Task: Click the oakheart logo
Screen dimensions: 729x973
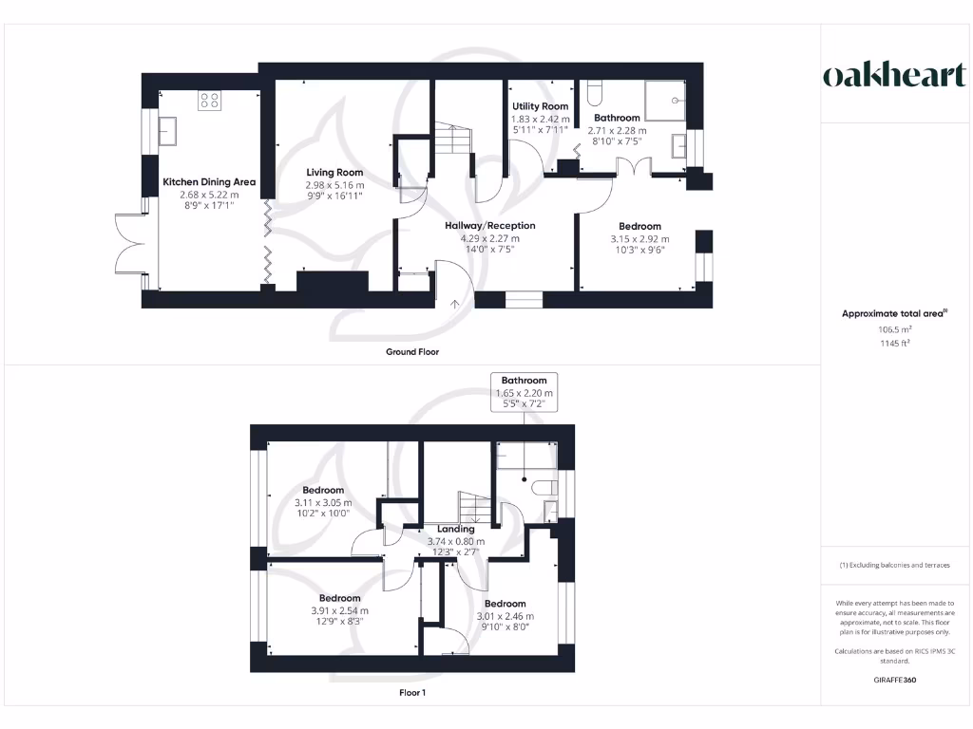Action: tap(894, 76)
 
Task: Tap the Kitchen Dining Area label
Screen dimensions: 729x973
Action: tap(209, 181)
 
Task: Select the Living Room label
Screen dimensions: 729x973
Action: tap(334, 173)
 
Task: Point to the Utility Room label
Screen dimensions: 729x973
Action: tap(540, 106)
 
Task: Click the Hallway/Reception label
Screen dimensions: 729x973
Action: tap(490, 226)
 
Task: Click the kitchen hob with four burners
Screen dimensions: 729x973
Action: tap(209, 101)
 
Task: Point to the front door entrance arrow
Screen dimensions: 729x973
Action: tap(454, 303)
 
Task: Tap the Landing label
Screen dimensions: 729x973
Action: tap(456, 530)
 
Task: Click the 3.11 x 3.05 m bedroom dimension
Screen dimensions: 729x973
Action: tap(322, 502)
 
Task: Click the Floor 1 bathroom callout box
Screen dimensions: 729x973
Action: tap(525, 391)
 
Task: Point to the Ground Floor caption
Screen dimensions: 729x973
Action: tap(412, 351)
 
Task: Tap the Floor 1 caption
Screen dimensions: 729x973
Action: tap(412, 693)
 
